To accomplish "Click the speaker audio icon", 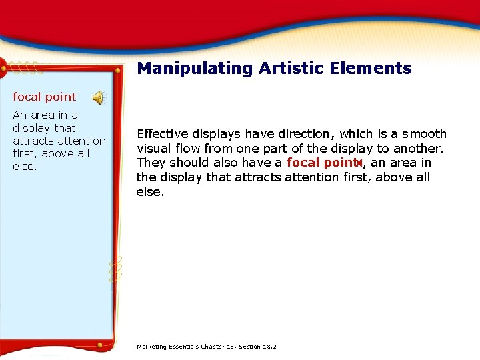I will pos(99,98).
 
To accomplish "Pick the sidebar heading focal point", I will pos(45,97).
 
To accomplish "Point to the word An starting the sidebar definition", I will pos(20,115).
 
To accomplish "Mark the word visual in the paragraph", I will pos(153,149).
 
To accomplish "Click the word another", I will pos(418,149).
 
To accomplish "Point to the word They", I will pos(151,163).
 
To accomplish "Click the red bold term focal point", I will pos(323,163).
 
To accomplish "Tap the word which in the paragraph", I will pos(355,134).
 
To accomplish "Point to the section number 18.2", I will pos(270,347).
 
